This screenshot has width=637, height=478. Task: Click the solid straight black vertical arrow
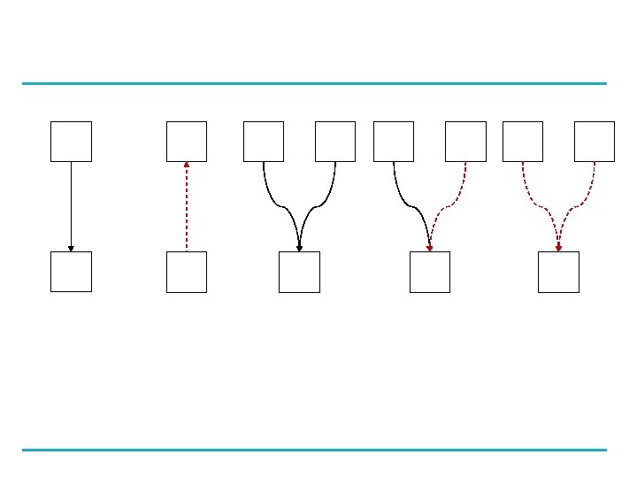coord(71,204)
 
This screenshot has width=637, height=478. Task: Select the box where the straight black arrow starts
coord(71,142)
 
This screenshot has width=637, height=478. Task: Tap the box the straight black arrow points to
coord(71,271)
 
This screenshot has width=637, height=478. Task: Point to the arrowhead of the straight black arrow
coord(71,249)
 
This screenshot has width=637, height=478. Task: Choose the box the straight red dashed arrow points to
coord(187,142)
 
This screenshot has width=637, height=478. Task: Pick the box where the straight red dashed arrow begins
coord(187,271)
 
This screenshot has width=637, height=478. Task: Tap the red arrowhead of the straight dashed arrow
coord(187,165)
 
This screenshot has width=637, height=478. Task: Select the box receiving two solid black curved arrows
coord(299,271)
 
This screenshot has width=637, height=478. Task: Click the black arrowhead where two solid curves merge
coord(299,249)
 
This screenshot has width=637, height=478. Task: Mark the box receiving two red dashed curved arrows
coord(558,271)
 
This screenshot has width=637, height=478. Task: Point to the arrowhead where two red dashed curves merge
coord(558,249)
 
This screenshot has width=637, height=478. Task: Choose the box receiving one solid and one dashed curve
coord(429,271)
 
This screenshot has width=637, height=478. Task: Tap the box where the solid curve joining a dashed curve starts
coord(394,142)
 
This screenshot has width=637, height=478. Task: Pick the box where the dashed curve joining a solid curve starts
coord(465,142)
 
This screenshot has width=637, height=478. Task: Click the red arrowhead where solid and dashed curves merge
coord(429,249)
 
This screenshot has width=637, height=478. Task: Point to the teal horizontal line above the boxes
coord(314,84)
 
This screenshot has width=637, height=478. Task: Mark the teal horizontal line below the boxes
coord(314,450)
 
